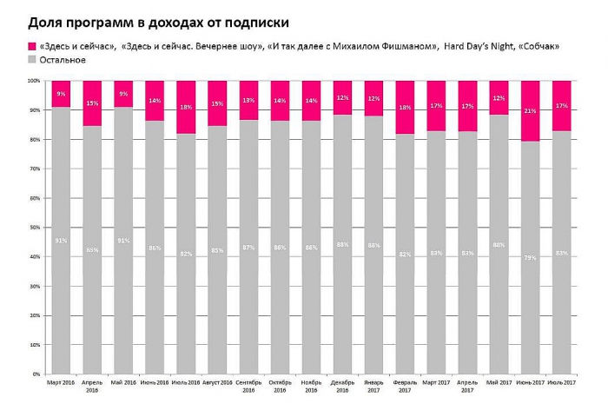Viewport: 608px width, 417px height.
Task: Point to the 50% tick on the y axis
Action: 36,228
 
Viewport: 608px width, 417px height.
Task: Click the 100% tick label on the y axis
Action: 34,81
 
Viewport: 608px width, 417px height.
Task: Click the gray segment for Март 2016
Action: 61,240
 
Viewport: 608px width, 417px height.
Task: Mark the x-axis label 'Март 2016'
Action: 61,381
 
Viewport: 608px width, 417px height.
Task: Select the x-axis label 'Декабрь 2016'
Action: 343,386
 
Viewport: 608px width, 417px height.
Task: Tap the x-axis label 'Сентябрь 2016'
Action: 248,386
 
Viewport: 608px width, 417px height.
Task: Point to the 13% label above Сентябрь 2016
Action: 248,101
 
